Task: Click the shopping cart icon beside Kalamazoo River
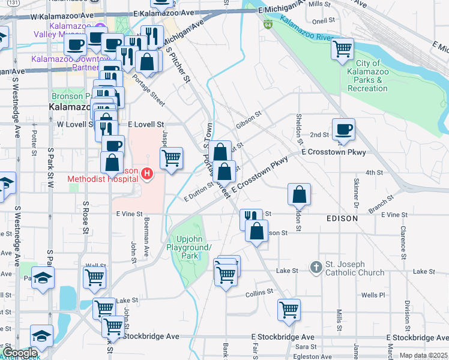click(342, 49)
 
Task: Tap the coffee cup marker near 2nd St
click(343, 130)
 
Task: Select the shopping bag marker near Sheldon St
click(299, 194)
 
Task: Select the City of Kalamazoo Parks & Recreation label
click(367, 76)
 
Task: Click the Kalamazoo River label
click(306, 28)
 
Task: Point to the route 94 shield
click(268, 25)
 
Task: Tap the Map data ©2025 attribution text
click(423, 355)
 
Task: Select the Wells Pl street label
click(373, 295)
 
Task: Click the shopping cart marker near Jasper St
click(171, 158)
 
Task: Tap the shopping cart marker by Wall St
click(95, 277)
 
